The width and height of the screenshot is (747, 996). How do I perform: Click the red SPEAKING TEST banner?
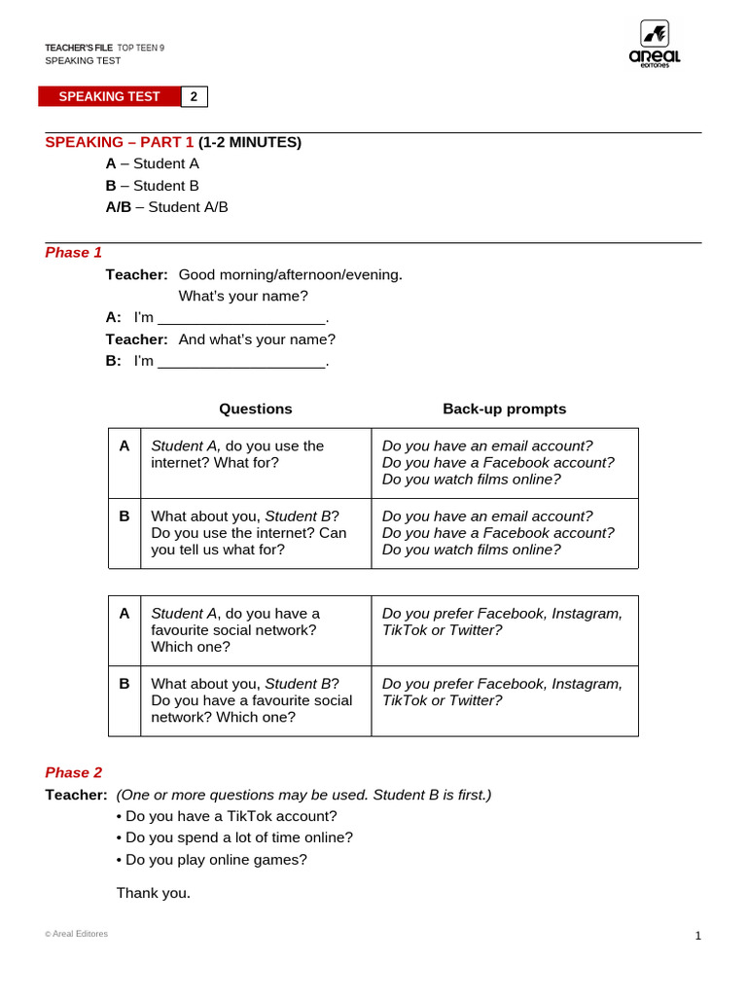(x=109, y=96)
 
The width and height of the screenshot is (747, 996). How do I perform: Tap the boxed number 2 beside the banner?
(x=194, y=96)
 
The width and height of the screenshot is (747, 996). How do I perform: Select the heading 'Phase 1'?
(x=73, y=253)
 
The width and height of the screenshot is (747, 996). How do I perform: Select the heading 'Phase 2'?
(x=73, y=772)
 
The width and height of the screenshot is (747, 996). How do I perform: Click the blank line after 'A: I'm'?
(x=241, y=318)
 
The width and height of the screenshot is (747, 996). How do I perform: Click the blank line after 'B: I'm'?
(x=241, y=362)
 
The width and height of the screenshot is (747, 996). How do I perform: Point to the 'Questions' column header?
(x=255, y=409)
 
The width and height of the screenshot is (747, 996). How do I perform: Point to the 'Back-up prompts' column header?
(x=504, y=409)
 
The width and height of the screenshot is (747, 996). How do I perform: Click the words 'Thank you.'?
(x=153, y=893)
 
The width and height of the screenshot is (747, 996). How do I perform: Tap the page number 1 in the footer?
(x=697, y=936)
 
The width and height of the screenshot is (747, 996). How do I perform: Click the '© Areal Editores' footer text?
(x=76, y=934)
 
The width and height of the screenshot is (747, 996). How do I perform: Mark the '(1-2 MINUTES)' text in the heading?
(x=250, y=143)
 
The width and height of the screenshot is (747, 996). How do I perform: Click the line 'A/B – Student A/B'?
(x=166, y=207)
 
